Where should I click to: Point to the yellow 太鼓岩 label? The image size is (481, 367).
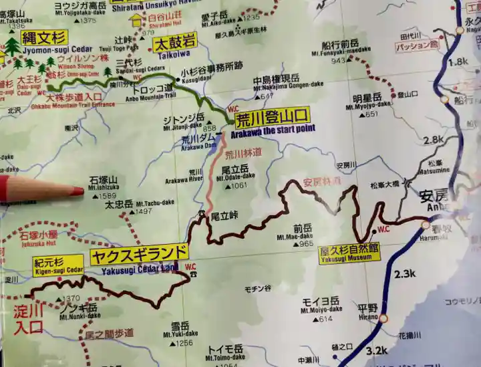pos(173,45)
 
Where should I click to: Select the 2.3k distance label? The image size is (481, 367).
pos(406,274)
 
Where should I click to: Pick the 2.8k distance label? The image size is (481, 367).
pos(434,140)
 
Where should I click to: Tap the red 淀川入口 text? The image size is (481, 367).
pos(28,319)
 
